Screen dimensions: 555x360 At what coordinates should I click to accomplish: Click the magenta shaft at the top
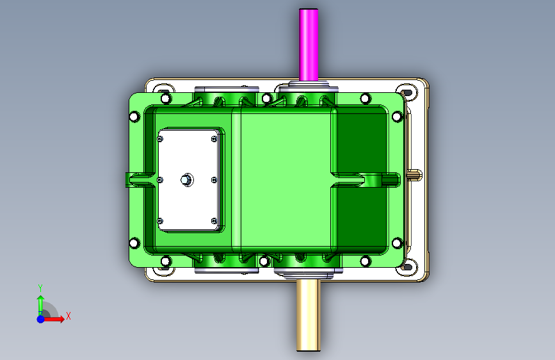click(x=309, y=45)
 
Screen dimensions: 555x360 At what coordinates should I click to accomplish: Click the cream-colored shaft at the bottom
click(x=309, y=315)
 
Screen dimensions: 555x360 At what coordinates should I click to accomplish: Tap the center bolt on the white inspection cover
click(x=187, y=180)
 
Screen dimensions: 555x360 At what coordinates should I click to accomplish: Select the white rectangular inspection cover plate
click(x=188, y=180)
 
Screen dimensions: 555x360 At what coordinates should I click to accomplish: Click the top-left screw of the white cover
click(x=160, y=139)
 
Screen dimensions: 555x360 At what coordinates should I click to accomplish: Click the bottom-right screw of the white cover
click(x=214, y=221)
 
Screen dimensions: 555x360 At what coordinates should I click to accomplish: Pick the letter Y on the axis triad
click(x=40, y=288)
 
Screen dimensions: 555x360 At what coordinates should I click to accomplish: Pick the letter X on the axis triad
click(x=68, y=316)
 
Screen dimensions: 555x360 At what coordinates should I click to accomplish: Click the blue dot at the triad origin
click(x=41, y=319)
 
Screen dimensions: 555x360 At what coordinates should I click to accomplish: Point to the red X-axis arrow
click(x=53, y=319)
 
